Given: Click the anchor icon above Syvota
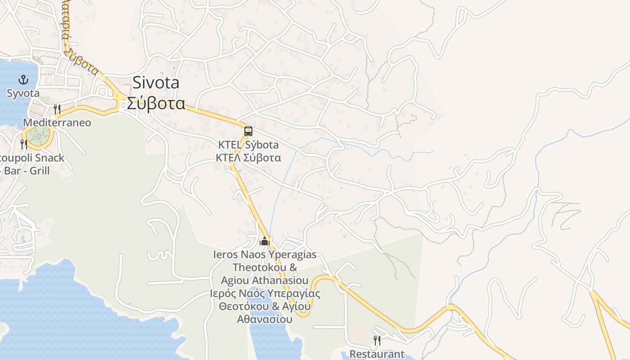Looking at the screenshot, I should click(23, 80).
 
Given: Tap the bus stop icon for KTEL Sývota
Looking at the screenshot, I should click(248, 131).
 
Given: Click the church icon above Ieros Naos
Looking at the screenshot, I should click(265, 242).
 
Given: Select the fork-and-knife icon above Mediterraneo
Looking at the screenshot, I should click(57, 109).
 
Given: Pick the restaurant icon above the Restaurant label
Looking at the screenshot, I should click(377, 341).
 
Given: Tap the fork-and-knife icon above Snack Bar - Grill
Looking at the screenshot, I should click(24, 144).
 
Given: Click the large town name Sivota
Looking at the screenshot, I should click(156, 83).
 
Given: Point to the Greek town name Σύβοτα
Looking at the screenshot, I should click(156, 103).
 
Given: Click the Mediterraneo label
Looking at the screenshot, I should click(57, 122).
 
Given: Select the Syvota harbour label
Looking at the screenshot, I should click(23, 93).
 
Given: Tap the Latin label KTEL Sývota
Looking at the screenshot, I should click(248, 145).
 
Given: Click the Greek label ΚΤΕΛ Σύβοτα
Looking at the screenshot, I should click(248, 157).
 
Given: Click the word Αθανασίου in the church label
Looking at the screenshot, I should click(265, 319).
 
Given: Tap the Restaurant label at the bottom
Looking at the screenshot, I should click(377, 354).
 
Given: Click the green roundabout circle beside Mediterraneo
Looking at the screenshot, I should click(38, 134).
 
